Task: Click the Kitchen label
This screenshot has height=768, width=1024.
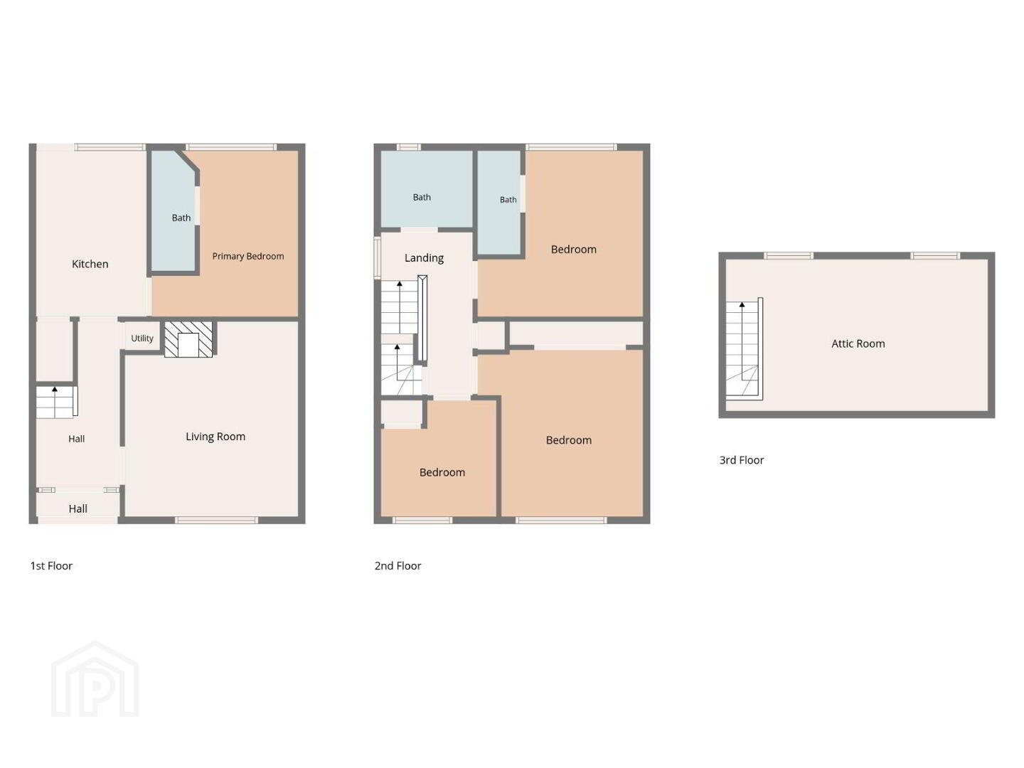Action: coord(90,264)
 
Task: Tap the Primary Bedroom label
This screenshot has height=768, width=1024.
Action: coord(247,256)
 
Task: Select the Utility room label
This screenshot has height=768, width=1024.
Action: coord(142,338)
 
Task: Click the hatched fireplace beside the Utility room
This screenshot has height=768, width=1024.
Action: coord(188,339)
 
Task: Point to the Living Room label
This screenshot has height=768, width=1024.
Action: coord(215,437)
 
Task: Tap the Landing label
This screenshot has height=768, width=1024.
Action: coord(424,258)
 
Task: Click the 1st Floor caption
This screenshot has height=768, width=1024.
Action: coord(51,565)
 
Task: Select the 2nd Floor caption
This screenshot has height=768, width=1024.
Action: coord(398,565)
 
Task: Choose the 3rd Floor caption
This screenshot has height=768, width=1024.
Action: coord(741,460)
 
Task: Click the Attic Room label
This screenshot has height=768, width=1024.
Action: coord(858,343)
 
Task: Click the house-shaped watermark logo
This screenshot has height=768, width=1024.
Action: coord(95,679)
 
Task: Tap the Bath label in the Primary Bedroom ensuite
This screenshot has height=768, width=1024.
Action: coord(181,218)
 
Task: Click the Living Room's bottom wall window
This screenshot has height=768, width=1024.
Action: coord(216,520)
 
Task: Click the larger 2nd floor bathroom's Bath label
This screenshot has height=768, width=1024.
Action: coord(422,197)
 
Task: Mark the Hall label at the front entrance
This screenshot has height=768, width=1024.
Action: coord(78,508)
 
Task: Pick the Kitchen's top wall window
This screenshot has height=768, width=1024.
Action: coord(110,147)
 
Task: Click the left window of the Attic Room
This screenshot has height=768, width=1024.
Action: coord(789,255)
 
